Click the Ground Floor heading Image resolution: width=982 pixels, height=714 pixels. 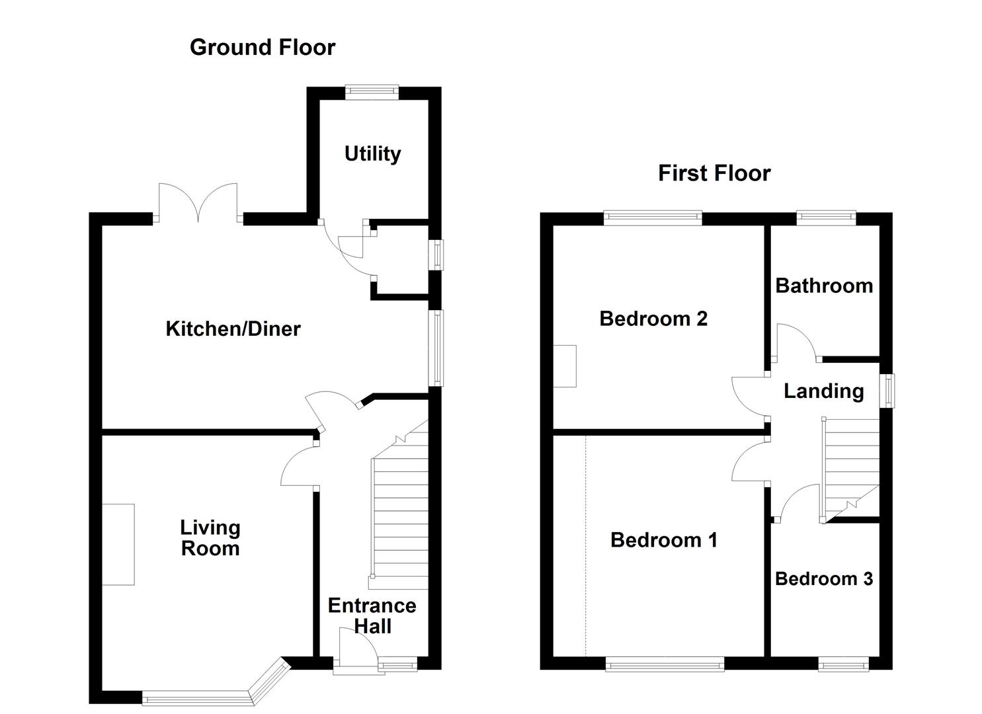[262, 48]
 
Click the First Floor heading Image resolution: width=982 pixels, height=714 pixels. [714, 173]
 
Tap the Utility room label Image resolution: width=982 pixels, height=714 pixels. [373, 154]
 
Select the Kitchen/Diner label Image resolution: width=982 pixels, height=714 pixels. [233, 329]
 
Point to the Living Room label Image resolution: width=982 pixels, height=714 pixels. [210, 537]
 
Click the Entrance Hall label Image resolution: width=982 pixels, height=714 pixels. [372, 615]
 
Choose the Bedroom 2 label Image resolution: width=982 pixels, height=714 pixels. [653, 319]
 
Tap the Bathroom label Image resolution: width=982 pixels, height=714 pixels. [824, 286]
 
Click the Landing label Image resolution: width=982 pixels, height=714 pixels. [824, 391]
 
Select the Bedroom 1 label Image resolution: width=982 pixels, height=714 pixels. [664, 540]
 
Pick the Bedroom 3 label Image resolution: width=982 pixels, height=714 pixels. [824, 579]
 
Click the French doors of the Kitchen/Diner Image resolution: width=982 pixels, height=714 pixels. [198, 202]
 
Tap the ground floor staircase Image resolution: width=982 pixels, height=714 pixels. [399, 504]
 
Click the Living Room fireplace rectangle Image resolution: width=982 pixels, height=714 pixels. [118, 544]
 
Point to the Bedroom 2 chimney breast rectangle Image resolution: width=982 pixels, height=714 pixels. [565, 366]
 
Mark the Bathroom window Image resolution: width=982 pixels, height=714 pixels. [826, 218]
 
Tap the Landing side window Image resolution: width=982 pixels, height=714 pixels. [887, 391]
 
